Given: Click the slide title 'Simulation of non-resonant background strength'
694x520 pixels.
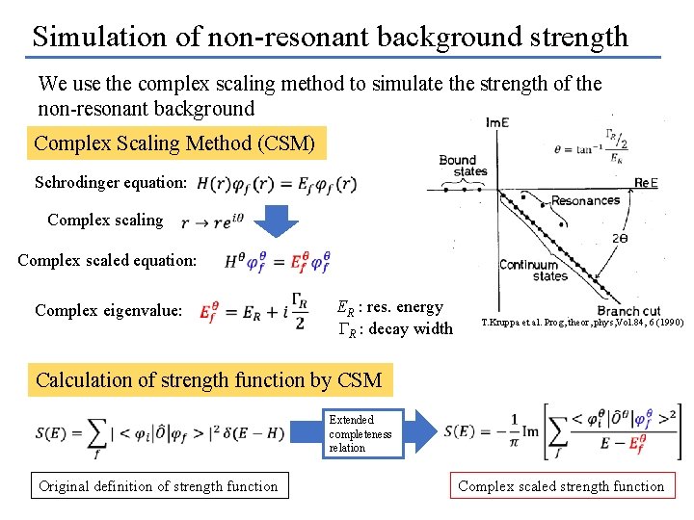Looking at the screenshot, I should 330,37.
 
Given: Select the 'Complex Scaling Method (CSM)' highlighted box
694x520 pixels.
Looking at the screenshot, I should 174,143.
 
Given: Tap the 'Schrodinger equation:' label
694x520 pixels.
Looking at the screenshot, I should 111,183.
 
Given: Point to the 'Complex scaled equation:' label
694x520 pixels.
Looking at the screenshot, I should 107,260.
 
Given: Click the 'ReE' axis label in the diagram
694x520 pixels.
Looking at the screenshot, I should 646,182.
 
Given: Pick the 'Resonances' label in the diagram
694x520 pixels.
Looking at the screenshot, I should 585,201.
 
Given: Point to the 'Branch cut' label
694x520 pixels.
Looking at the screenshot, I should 628,311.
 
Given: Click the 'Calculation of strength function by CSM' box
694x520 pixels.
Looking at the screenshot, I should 209,379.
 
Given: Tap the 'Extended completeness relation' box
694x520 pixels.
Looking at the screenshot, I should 362,434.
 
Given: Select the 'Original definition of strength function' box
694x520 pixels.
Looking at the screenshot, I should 158,486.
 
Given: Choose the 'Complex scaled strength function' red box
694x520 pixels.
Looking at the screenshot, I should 561,486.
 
